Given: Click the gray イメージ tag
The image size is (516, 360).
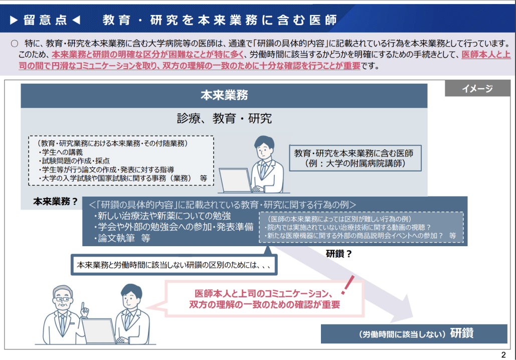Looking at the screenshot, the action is coord(477,89).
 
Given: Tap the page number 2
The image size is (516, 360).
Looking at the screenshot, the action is coord(503,354).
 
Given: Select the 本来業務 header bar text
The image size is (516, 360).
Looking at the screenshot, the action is coord(224,95).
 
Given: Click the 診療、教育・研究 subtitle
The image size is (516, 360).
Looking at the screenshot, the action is coord(224,118).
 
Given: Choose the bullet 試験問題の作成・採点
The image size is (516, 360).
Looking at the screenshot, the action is coord(74,161).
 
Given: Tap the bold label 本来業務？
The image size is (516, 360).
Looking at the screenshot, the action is coord(55,202).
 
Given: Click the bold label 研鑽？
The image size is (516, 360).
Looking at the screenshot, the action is coord(338,254).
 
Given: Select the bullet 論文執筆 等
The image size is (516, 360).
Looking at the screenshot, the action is coord(122,238).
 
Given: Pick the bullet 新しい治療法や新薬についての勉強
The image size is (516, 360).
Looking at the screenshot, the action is coord(162,216).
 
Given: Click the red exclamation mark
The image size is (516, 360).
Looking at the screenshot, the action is coord(348,285).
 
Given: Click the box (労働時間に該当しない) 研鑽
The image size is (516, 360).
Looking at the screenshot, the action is coord(414,333).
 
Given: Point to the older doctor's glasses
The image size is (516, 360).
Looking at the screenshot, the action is coord(63,299).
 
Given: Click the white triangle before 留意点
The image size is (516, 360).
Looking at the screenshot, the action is coord(14,20).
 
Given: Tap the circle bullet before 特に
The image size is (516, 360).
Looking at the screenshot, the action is coord(15,44).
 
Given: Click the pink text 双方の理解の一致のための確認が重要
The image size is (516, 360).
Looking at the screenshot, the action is coord(264,305).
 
